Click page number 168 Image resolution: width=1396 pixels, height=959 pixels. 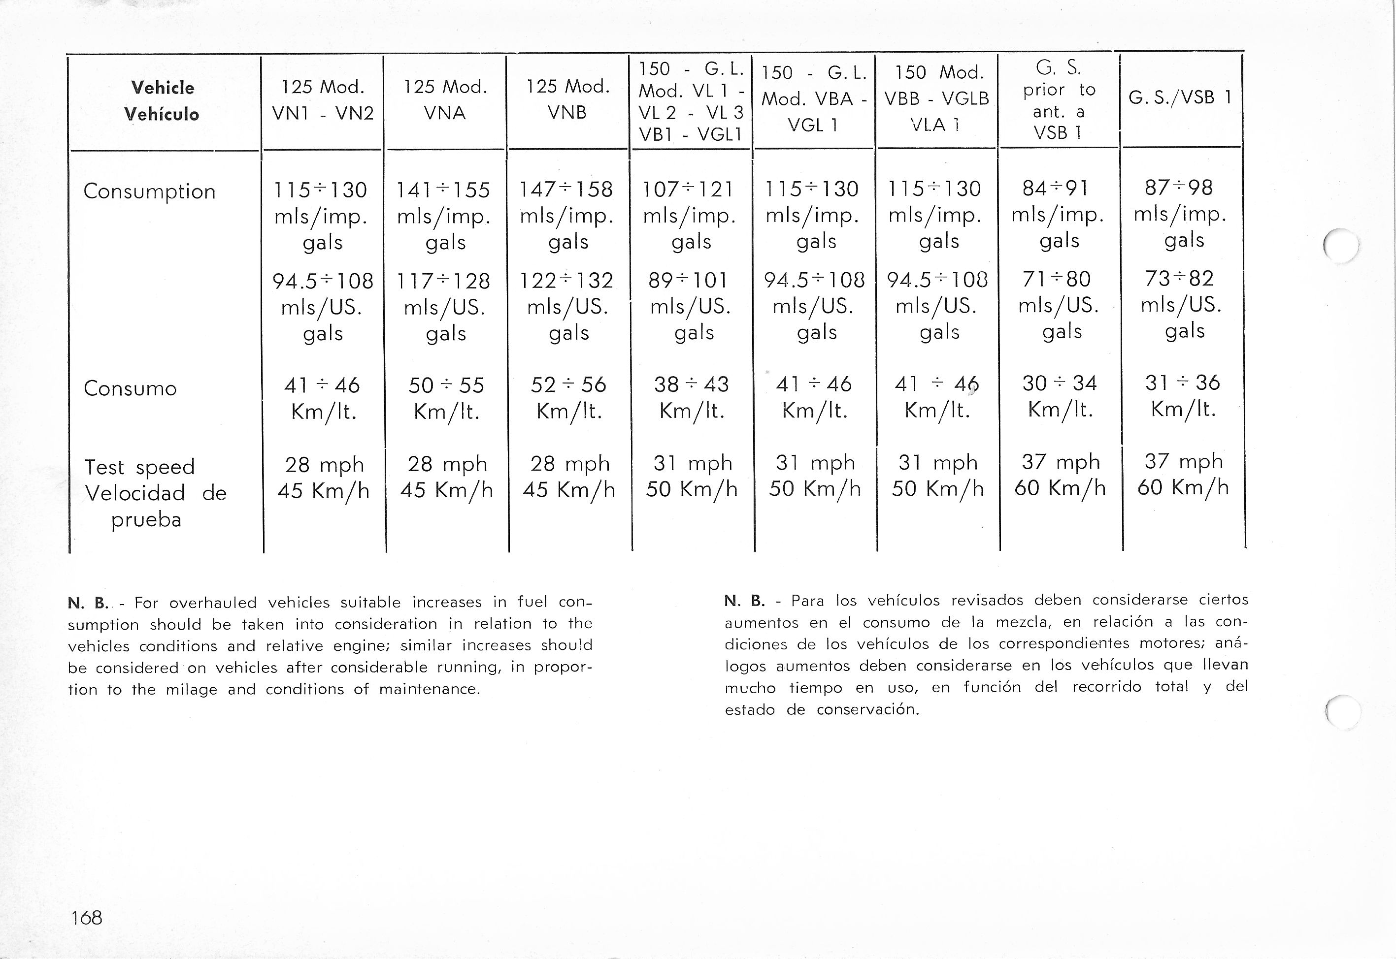[87, 918]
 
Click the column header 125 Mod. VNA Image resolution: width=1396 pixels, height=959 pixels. [444, 100]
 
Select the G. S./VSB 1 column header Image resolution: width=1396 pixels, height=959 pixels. [1181, 97]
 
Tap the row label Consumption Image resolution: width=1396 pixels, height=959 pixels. [149, 191]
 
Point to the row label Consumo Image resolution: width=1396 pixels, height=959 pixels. [130, 388]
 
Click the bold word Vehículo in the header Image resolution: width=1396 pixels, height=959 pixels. [162, 114]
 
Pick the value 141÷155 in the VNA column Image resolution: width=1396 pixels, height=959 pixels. [443, 190]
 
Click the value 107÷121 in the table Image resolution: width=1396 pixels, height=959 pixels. [688, 189]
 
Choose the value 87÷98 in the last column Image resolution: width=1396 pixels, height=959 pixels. [1178, 188]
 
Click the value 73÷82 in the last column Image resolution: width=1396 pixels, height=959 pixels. [1179, 278]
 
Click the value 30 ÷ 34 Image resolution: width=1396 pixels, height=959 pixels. [1060, 383]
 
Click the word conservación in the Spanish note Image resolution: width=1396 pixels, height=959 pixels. [867, 709]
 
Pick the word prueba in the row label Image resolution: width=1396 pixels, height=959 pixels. [146, 520]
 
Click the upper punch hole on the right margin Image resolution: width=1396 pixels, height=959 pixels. [1341, 246]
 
